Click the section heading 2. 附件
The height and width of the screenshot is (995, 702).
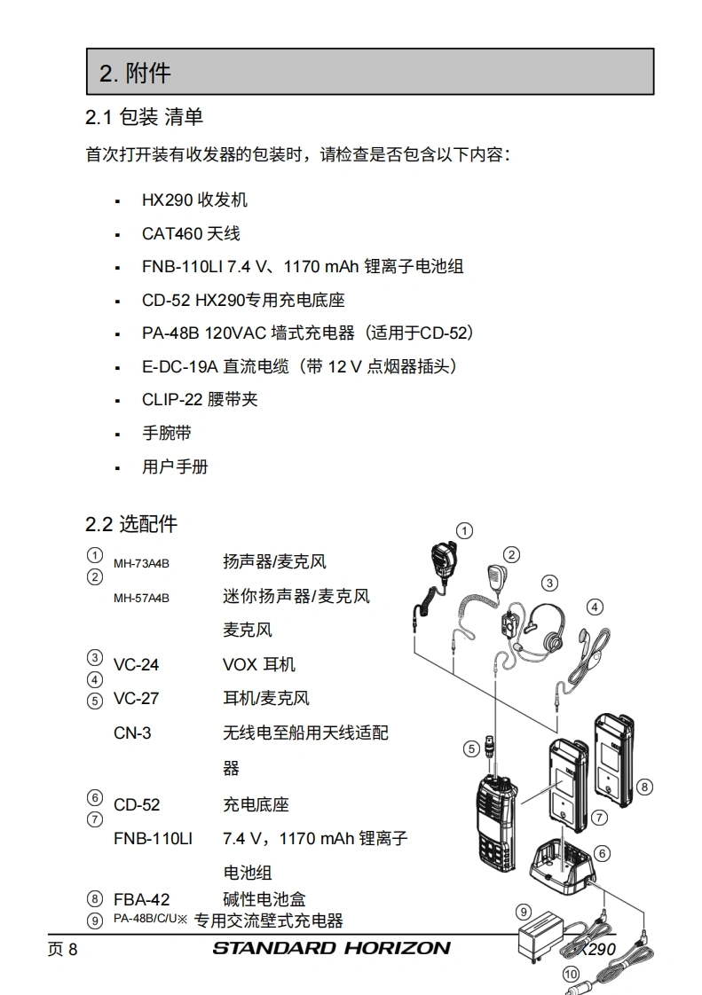(x=135, y=73)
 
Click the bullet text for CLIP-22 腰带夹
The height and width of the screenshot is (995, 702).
(x=200, y=399)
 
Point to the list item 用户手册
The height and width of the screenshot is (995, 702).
(x=175, y=466)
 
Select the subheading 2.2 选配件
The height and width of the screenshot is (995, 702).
(x=131, y=524)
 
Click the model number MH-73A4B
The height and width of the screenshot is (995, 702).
(x=141, y=563)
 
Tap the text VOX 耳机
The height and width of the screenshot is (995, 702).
(x=259, y=664)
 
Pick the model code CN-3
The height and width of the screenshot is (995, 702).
(x=132, y=733)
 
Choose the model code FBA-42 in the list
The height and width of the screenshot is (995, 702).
(x=142, y=899)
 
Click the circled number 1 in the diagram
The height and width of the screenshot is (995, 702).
(x=463, y=530)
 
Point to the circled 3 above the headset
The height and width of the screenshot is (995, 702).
(x=550, y=583)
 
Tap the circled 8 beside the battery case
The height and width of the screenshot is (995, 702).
(x=645, y=786)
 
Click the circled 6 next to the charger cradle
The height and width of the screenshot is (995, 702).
(x=603, y=853)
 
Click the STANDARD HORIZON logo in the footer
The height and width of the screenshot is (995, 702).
(x=331, y=948)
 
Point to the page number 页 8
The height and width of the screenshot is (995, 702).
(x=62, y=950)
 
